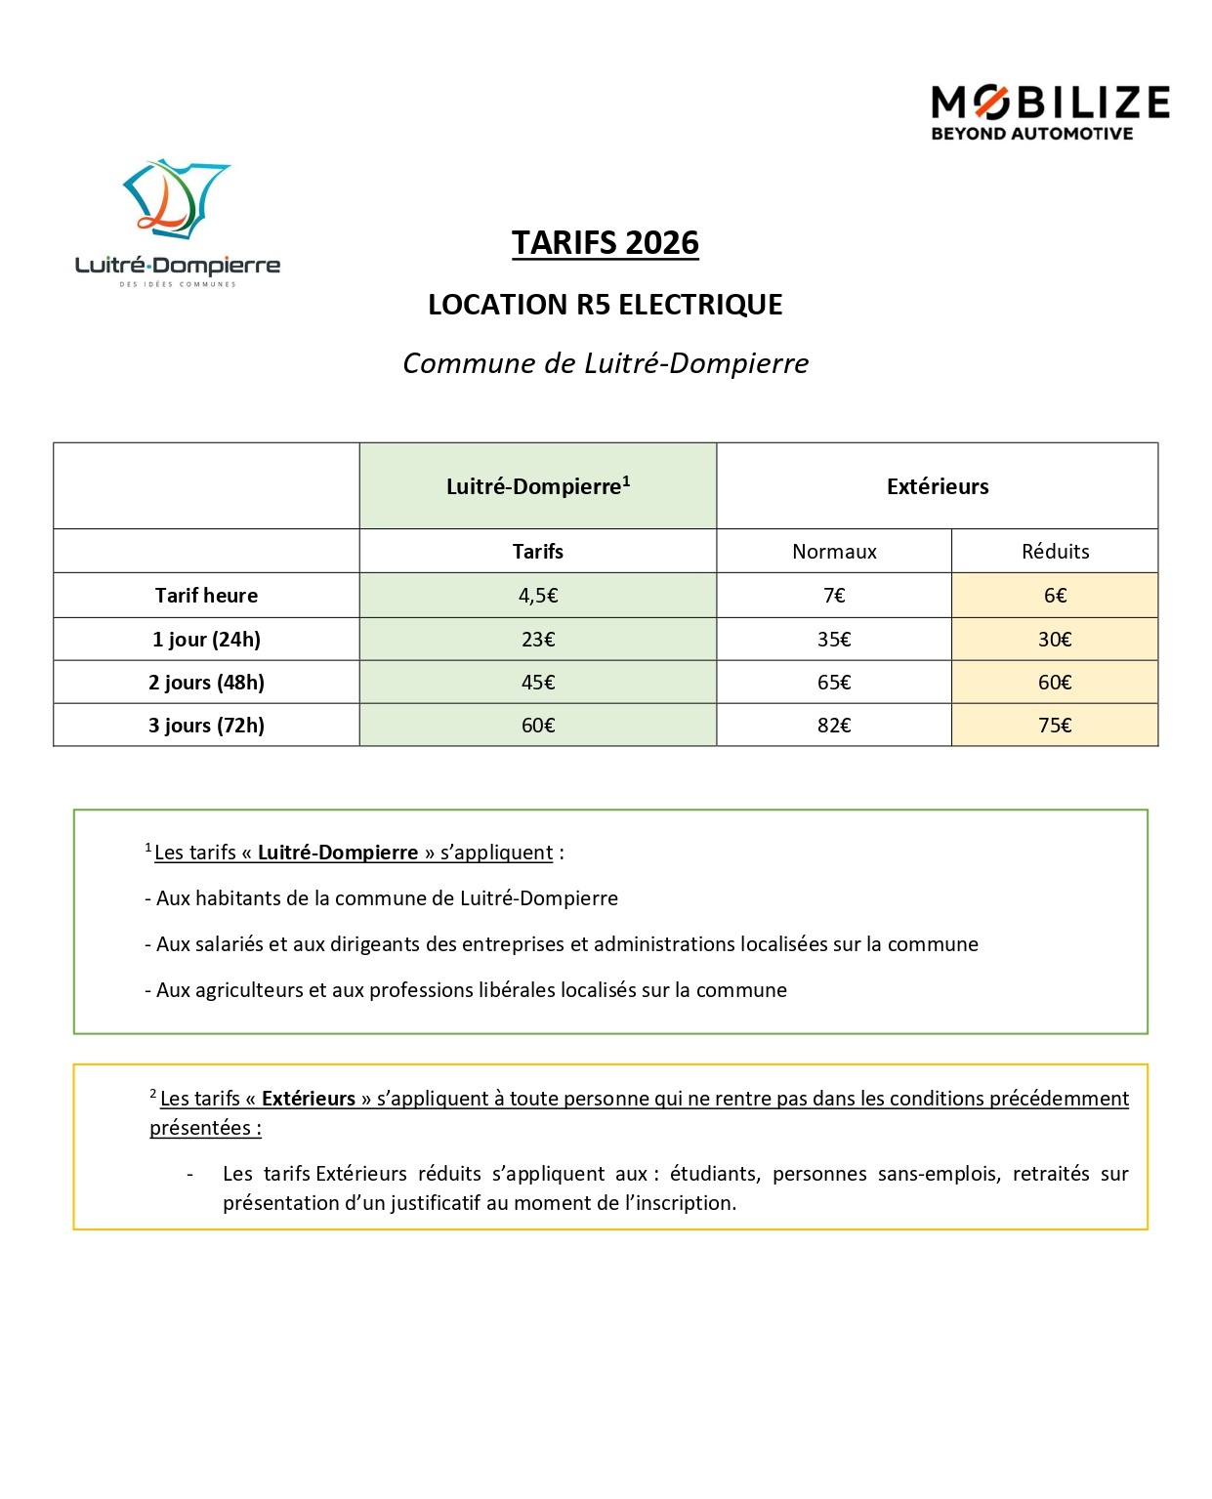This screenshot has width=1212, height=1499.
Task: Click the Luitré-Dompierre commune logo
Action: (177, 223)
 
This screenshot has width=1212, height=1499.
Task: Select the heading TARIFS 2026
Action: (606, 243)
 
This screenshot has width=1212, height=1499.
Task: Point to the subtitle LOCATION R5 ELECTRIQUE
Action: (606, 305)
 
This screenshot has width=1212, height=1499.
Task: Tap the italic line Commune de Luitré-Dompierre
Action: (606, 363)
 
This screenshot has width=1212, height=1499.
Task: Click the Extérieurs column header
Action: (938, 486)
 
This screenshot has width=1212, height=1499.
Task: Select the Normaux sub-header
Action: (834, 552)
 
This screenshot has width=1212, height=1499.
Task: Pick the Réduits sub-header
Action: (1055, 552)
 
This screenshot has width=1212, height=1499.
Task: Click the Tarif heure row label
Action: (206, 596)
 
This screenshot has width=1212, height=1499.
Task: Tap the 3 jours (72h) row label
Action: (206, 726)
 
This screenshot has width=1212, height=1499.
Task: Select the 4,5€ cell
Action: (538, 596)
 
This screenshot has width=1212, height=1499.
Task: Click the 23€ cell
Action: (538, 640)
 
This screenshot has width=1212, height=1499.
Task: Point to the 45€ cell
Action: (538, 683)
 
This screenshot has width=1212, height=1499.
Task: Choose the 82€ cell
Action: (834, 726)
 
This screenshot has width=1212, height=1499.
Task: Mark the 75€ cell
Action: (1055, 726)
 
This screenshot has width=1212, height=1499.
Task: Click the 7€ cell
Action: (834, 596)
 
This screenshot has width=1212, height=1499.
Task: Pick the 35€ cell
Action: (834, 640)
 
